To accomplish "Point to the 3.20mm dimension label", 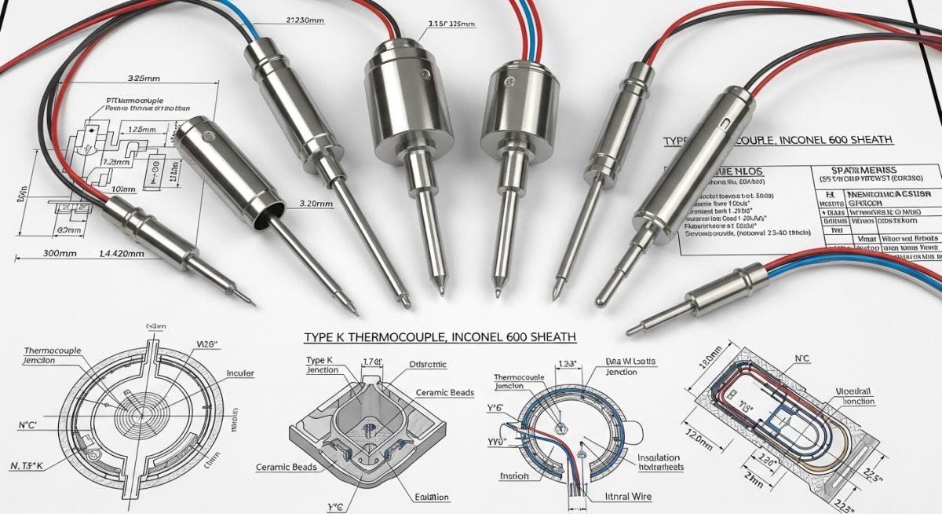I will pos(316,203).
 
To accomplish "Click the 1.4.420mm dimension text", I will pos(122,254).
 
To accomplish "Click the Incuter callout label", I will pos(239,373).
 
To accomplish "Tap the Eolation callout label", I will pos(432,497).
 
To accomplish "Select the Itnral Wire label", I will pos(629,497).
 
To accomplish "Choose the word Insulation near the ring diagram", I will pos(658,457).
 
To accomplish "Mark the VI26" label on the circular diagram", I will pos(205,343).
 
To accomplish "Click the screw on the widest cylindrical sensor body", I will pos(425,75).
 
